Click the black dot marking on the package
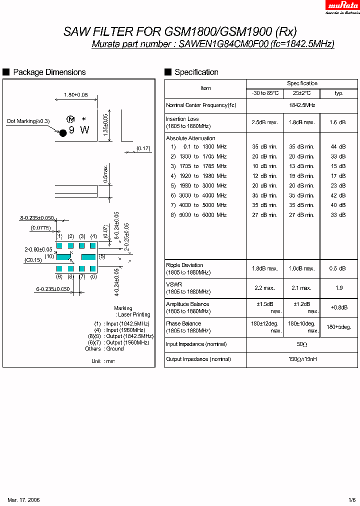coord(63,132)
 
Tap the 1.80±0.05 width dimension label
coord(75,94)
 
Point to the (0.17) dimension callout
coord(143,148)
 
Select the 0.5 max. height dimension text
coord(105,173)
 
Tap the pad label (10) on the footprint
coord(49,256)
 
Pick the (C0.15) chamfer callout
coord(33,260)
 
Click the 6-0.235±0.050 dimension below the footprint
coord(53,289)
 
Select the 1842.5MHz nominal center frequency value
coord(302,105)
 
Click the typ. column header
coord(339,93)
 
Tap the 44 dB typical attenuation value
coord(338,147)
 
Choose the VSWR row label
coord(174,284)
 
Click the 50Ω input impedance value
coord(302,344)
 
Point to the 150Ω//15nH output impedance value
coord(302,359)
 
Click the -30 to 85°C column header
coord(264,93)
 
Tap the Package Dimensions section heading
coord(49,72)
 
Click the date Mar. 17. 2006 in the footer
coord(24,500)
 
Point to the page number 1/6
coord(352,500)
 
